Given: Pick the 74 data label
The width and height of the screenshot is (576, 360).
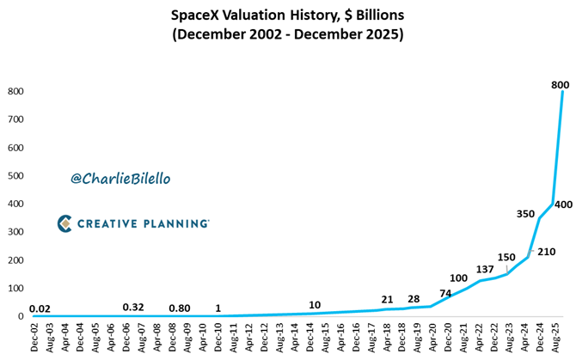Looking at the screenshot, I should tap(446, 293).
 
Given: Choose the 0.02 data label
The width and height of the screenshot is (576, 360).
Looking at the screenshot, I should tap(40, 308).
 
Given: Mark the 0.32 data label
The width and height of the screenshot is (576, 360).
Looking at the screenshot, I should tap(133, 307).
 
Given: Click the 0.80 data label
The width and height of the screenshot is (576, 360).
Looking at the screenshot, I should tap(180, 307).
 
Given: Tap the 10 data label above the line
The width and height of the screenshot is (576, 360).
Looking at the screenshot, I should tap(316, 305).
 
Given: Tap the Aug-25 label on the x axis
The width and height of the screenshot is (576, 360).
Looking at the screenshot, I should tap(555, 336).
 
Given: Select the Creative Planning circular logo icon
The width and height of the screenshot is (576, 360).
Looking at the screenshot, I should tap(64, 223).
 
